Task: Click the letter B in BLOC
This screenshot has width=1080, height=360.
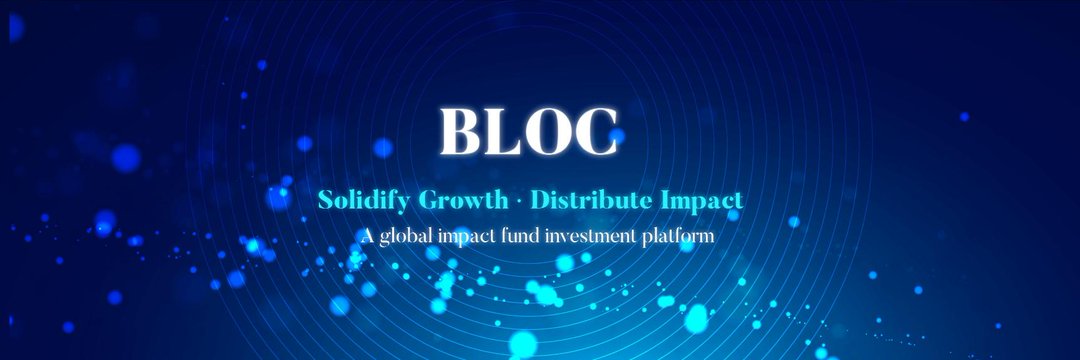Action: pos(460,131)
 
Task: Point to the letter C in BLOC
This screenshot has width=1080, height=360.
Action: pos(595,131)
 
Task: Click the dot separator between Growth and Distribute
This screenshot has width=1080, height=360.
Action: pos(520,202)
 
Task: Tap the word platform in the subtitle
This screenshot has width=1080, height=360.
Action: pos(678,237)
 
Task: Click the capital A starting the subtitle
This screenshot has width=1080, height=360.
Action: pos(367,235)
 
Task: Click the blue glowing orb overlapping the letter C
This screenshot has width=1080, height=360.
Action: pos(616,136)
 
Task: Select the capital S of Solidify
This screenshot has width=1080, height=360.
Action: pos(325,200)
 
